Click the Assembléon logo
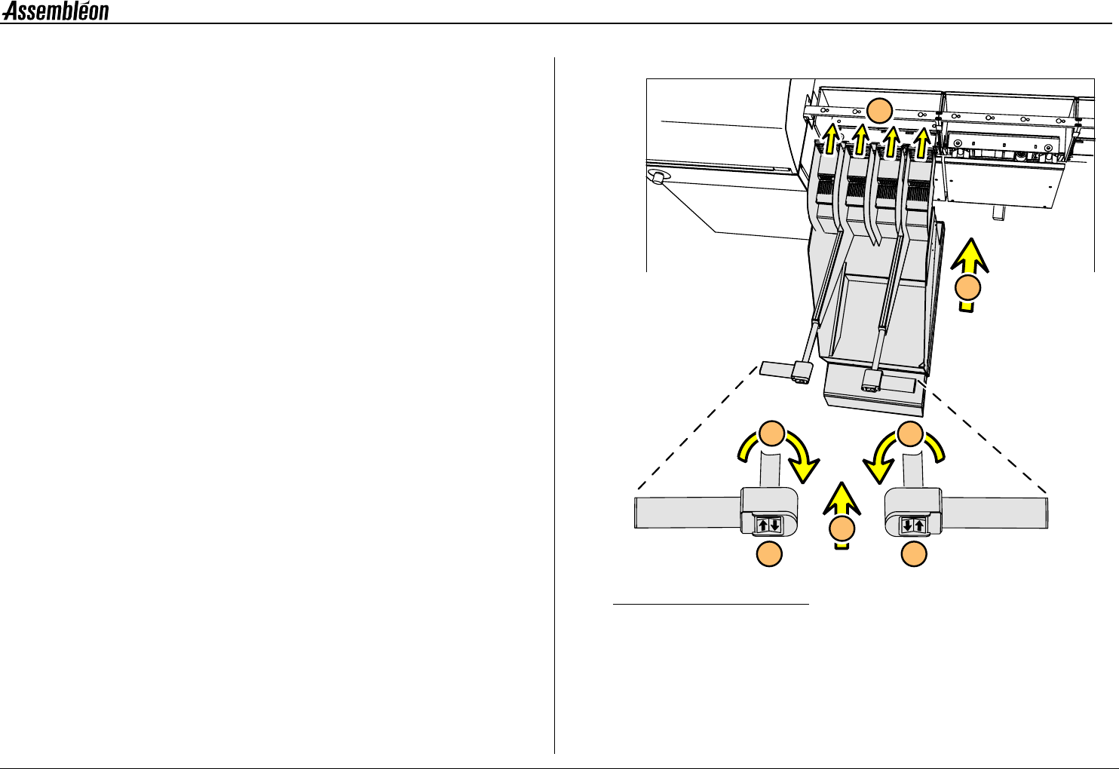click(x=56, y=11)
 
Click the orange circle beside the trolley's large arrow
click(x=970, y=289)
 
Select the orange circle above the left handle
click(x=771, y=435)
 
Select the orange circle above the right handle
click(x=911, y=435)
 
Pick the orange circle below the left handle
click(x=769, y=554)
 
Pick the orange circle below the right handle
click(x=914, y=554)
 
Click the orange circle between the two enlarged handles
click(x=843, y=530)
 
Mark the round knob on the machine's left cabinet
click(x=658, y=178)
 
